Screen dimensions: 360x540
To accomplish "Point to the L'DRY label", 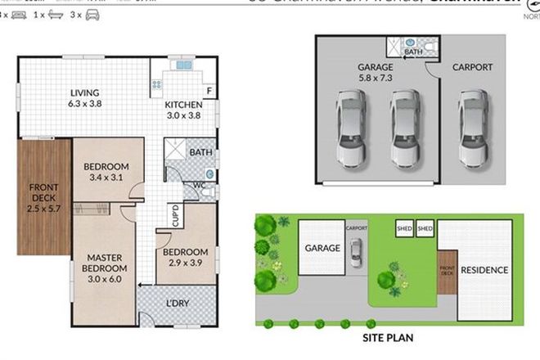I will pos(177,304).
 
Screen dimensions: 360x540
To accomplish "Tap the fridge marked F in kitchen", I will pos(209,90).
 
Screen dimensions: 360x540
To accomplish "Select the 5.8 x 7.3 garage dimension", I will pos(376,80).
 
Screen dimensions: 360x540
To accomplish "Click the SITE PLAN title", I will pos(389,335).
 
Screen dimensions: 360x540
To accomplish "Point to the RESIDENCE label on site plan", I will pos(484,270).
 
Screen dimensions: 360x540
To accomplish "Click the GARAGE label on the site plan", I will pos(322,246).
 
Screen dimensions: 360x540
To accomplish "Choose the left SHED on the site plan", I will pos(404,228).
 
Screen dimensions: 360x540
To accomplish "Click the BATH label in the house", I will pos(200,152).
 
